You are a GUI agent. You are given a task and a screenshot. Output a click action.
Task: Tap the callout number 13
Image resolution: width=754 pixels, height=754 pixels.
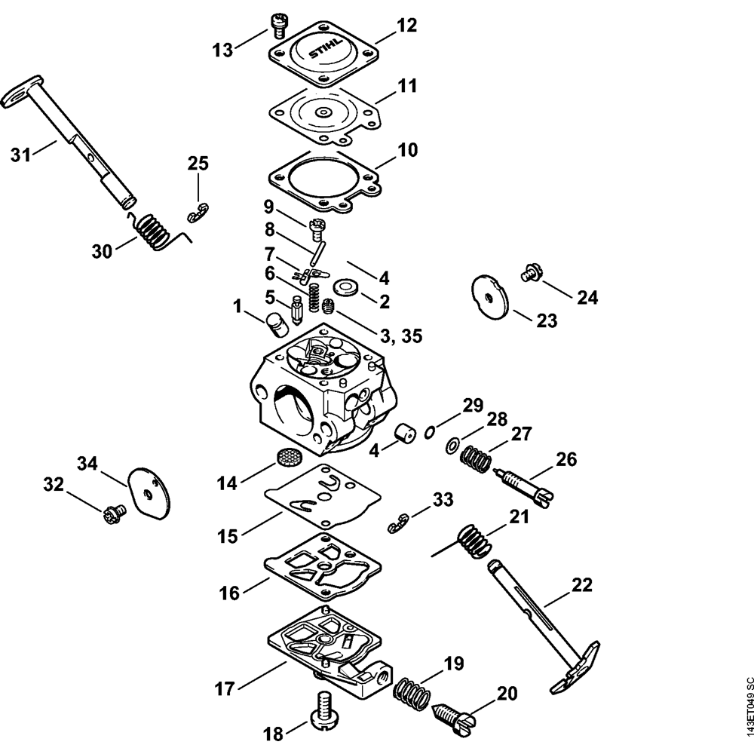pos(223,49)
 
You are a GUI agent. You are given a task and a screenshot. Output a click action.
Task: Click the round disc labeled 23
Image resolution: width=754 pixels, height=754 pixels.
pos(488,296)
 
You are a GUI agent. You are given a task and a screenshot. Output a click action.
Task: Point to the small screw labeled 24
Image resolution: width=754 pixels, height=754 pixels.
pos(529,274)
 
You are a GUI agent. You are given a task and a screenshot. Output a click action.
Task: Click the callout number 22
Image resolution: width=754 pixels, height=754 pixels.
pos(582,585)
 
